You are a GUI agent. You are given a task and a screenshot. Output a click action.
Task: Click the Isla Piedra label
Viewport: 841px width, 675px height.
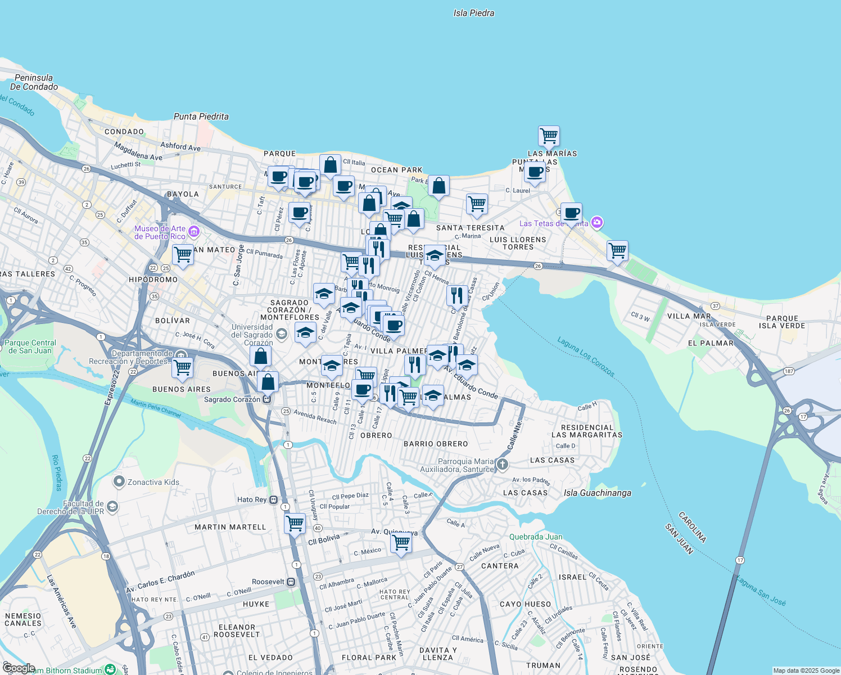(474, 13)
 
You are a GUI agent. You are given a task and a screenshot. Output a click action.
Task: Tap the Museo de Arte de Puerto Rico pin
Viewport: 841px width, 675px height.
(194, 231)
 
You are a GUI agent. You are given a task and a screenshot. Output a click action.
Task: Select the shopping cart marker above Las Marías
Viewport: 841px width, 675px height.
(549, 136)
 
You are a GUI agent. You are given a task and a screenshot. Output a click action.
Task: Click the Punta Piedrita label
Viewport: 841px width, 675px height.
(201, 116)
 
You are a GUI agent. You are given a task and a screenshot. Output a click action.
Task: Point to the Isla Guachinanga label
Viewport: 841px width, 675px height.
(597, 493)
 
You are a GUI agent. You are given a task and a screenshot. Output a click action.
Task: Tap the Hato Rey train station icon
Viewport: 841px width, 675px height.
(274, 499)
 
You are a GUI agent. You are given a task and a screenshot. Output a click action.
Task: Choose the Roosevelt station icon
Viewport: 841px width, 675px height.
(291, 582)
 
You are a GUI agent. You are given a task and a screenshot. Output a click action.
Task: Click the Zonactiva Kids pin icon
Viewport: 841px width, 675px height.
(119, 481)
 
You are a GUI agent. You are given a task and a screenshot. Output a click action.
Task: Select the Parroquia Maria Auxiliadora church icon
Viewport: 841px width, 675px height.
(503, 465)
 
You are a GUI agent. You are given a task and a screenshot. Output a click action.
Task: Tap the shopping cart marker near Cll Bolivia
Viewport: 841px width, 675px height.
(295, 523)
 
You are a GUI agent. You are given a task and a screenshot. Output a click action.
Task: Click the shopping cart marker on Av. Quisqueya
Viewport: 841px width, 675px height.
(401, 543)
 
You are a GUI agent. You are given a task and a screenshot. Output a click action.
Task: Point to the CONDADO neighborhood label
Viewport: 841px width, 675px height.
(124, 132)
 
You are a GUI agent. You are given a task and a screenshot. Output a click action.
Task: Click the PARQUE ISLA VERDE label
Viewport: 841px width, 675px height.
(782, 322)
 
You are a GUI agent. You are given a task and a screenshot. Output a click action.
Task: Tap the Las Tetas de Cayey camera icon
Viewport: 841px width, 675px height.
(597, 223)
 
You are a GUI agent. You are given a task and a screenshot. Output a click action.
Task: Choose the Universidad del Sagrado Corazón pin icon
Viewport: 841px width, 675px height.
(282, 335)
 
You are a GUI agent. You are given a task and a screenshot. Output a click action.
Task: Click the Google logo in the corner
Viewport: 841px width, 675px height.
(19, 668)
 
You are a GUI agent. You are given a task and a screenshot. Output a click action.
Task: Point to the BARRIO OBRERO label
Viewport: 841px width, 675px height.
(436, 444)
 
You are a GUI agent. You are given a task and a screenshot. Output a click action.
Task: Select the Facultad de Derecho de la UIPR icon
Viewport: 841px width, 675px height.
(112, 507)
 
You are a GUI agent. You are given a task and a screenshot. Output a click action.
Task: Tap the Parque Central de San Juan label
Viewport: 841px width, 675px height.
(30, 346)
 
